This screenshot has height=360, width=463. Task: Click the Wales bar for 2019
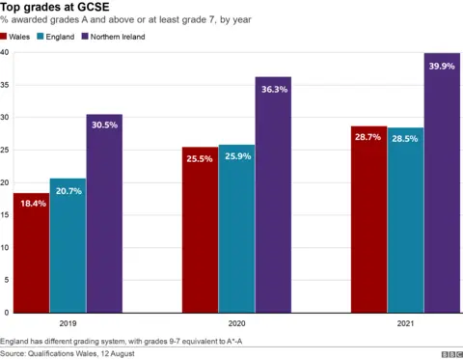click(x=31, y=253)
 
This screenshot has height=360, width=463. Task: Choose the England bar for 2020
click(x=236, y=229)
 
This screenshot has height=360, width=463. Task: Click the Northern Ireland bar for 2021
click(x=442, y=182)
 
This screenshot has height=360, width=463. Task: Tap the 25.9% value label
click(x=236, y=157)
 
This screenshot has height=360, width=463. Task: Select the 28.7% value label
click(x=368, y=138)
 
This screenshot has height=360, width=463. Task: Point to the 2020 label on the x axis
click(x=236, y=324)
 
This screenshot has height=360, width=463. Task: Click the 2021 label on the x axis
click(x=405, y=324)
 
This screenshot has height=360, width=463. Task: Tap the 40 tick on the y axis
click(x=6, y=52)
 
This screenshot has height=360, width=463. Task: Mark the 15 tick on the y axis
click(x=6, y=215)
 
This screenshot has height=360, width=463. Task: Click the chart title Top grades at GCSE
click(x=54, y=8)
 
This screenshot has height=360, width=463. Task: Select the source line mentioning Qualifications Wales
click(x=68, y=354)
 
